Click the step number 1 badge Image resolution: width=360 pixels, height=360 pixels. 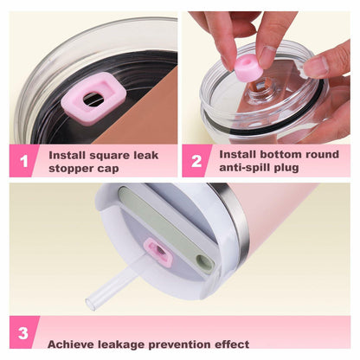pos(24,161)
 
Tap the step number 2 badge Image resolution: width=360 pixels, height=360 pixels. pos(196,161)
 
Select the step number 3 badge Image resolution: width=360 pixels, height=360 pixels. pos(23,333)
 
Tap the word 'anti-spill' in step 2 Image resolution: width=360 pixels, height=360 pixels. pos(244,168)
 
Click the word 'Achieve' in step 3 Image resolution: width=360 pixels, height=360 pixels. pos(71,344)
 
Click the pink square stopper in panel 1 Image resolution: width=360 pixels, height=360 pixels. pos(93,99)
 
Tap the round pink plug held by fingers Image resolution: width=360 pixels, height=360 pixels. pos(248,69)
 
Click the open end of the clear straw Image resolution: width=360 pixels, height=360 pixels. pos(90,305)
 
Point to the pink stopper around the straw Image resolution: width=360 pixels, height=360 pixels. pos(158,252)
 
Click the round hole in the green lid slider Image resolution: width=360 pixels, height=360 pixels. pos(202,261)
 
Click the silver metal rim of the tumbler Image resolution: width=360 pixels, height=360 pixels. pos(231,219)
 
